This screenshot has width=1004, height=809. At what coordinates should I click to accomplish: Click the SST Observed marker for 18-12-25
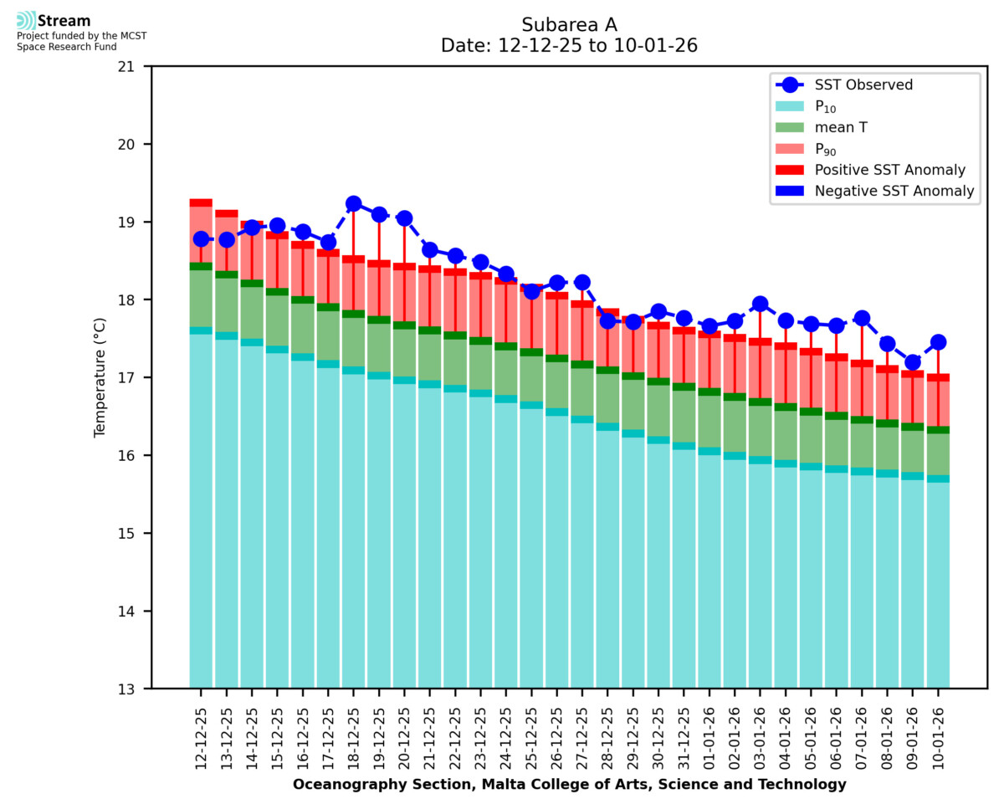coord(353,203)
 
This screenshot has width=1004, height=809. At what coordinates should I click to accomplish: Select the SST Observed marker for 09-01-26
coord(912,362)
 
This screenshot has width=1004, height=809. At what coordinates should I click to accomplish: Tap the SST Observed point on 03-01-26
coord(760,304)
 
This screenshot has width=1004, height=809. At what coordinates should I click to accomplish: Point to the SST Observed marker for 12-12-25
coord(201,239)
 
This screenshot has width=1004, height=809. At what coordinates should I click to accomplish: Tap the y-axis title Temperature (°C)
coord(100,377)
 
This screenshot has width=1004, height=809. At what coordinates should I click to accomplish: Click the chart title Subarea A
coord(569,24)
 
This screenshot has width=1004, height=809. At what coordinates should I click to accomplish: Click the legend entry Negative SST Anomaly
coord(889,191)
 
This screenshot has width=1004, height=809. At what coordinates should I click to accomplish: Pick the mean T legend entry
coord(843,128)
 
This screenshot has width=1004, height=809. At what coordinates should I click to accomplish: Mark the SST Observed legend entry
coord(863,84)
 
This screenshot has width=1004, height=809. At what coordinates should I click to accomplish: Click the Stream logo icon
coord(26,21)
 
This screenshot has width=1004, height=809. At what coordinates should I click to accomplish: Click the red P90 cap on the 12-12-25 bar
coord(201,202)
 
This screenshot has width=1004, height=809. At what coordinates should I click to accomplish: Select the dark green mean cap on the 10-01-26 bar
coord(938,430)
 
